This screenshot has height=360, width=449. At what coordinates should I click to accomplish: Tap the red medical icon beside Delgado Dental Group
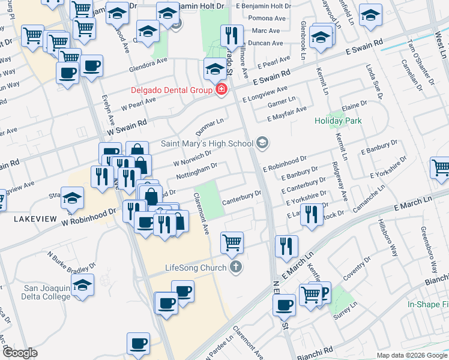221,91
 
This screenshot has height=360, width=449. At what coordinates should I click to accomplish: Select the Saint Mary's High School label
207,143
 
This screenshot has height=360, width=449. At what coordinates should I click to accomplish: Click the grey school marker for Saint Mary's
262,143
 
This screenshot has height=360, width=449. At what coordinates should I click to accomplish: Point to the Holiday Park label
338,121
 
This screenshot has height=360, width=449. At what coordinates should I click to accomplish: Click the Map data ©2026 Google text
411,355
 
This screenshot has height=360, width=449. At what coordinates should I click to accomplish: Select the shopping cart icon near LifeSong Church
232,243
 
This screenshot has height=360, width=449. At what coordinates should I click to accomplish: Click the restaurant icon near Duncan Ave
231,35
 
